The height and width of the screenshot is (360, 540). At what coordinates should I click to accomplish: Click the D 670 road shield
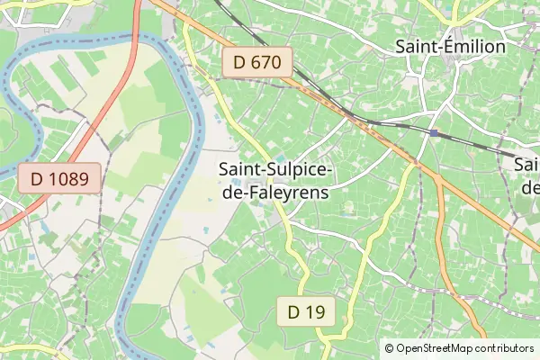tap(257, 63)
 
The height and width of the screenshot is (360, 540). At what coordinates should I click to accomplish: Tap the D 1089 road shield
tap(59, 178)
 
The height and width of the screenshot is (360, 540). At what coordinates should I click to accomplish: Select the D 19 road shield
tap(306, 311)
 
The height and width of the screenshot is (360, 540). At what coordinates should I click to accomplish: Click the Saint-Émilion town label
tap(451, 47)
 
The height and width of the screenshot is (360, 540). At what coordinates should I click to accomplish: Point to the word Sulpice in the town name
tap(302, 169)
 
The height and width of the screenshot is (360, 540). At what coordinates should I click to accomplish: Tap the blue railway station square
tap(434, 133)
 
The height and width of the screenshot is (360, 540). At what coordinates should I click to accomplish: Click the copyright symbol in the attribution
tap(389, 348)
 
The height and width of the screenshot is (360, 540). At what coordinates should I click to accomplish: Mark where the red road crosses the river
tap(134, 38)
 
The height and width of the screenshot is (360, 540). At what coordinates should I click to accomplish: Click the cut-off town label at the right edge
tap(528, 176)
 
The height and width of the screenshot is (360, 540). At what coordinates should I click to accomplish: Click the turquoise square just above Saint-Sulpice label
tap(280, 159)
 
